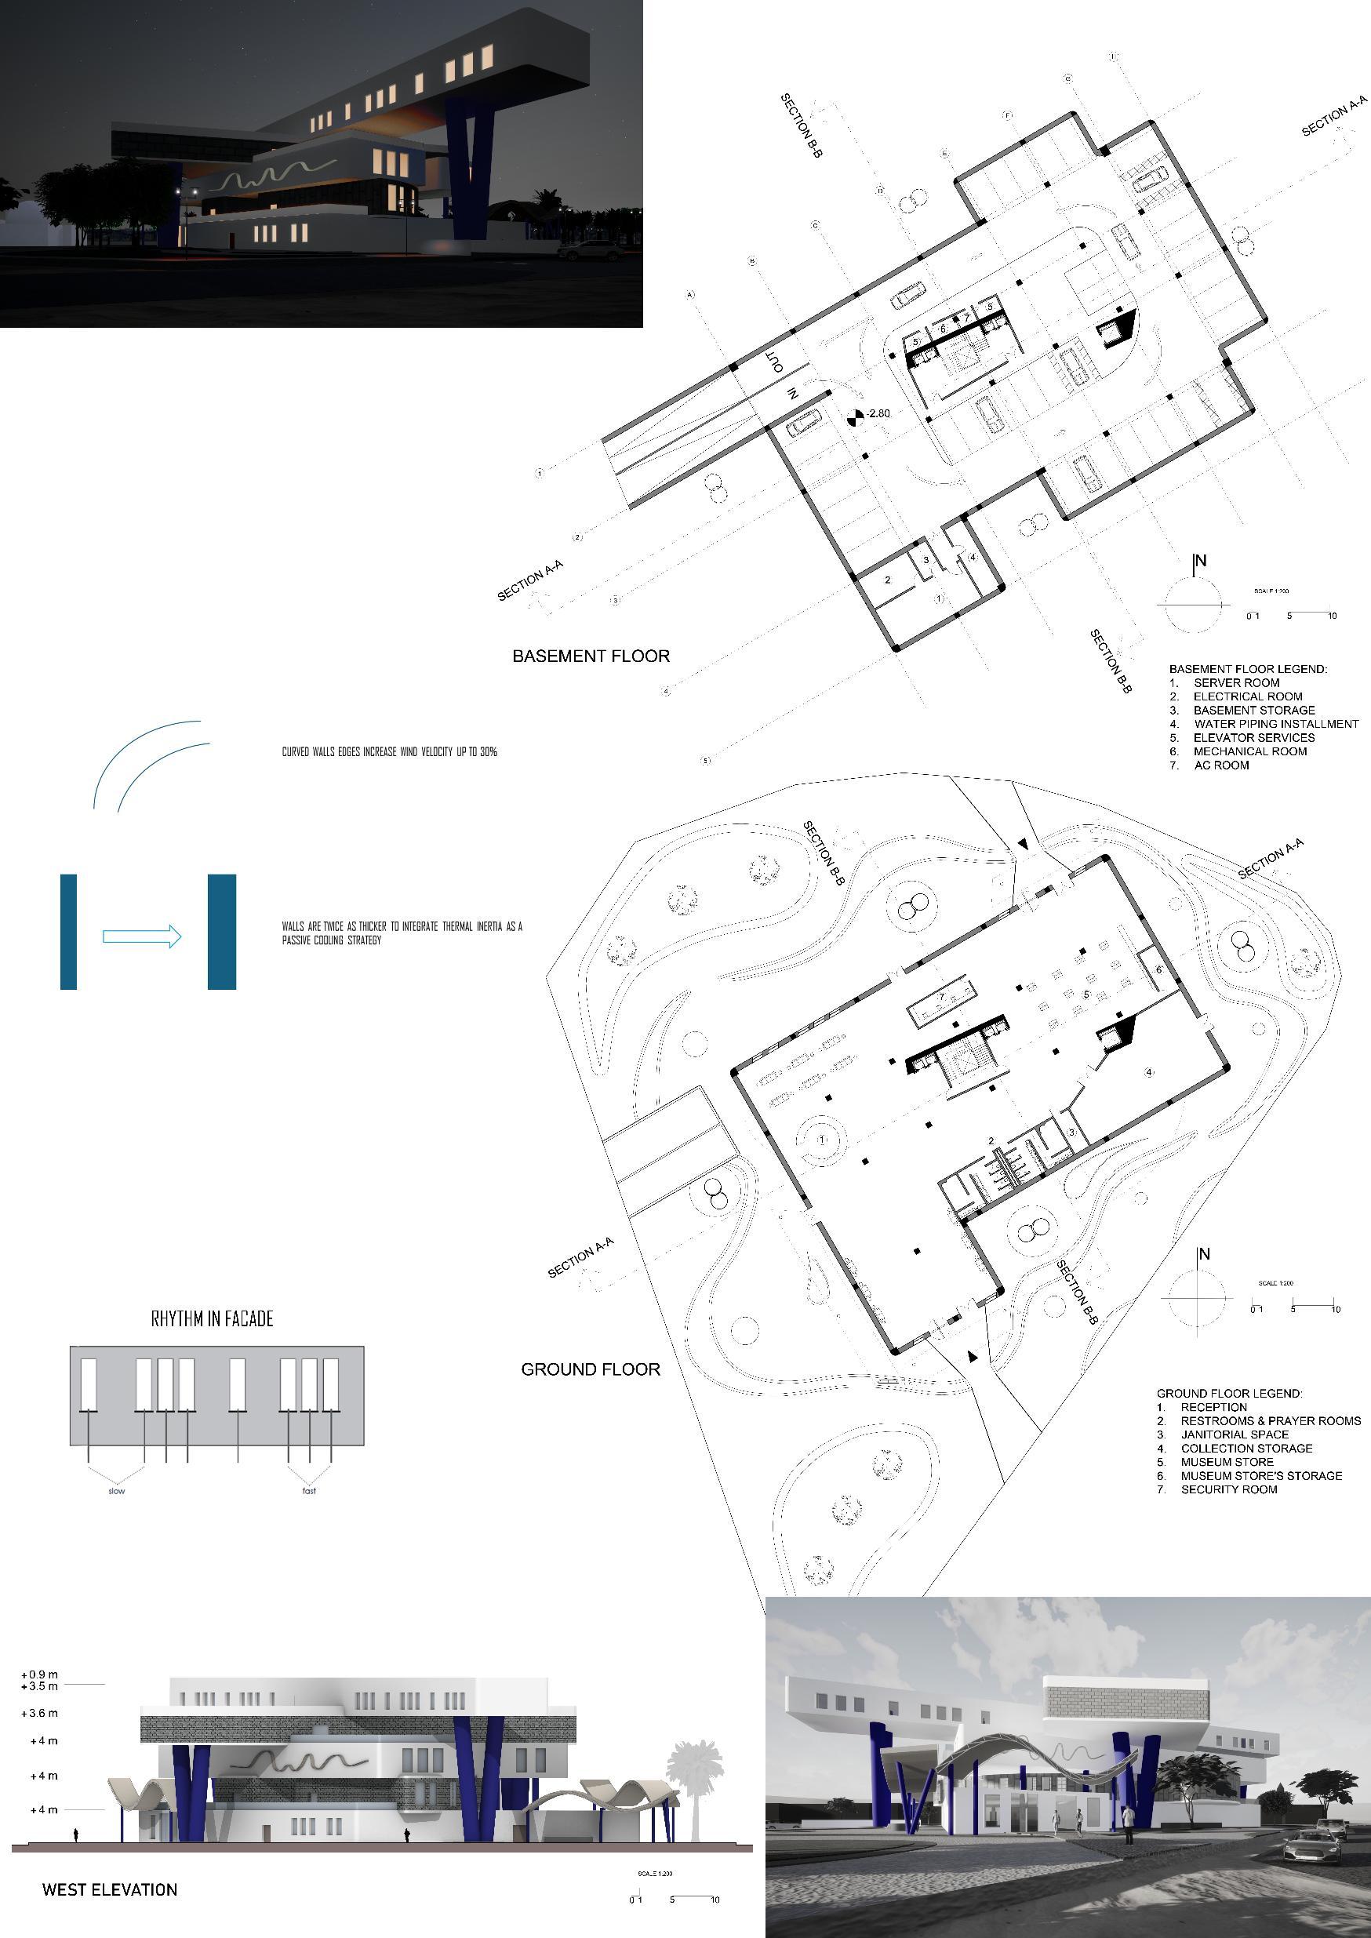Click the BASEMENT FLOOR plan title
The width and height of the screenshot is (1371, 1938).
(591, 656)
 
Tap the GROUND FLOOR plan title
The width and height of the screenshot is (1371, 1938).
(590, 1369)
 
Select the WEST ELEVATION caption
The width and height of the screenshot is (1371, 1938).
(110, 1890)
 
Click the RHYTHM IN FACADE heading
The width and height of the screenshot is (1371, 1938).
(212, 1318)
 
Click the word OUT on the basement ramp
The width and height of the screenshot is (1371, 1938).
(775, 362)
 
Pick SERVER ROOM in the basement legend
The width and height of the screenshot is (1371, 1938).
(1236, 683)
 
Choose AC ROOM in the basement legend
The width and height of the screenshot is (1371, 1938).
(1220, 765)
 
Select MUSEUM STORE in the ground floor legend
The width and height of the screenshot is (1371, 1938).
(1227, 1462)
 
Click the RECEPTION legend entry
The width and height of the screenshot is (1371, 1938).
(1213, 1407)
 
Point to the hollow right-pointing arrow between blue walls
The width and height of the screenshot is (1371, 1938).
(142, 936)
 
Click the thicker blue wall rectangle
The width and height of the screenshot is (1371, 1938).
(222, 932)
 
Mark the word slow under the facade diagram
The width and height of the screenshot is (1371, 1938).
(117, 1491)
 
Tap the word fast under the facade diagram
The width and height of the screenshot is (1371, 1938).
(309, 1491)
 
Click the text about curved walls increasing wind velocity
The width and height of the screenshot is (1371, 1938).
(389, 751)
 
